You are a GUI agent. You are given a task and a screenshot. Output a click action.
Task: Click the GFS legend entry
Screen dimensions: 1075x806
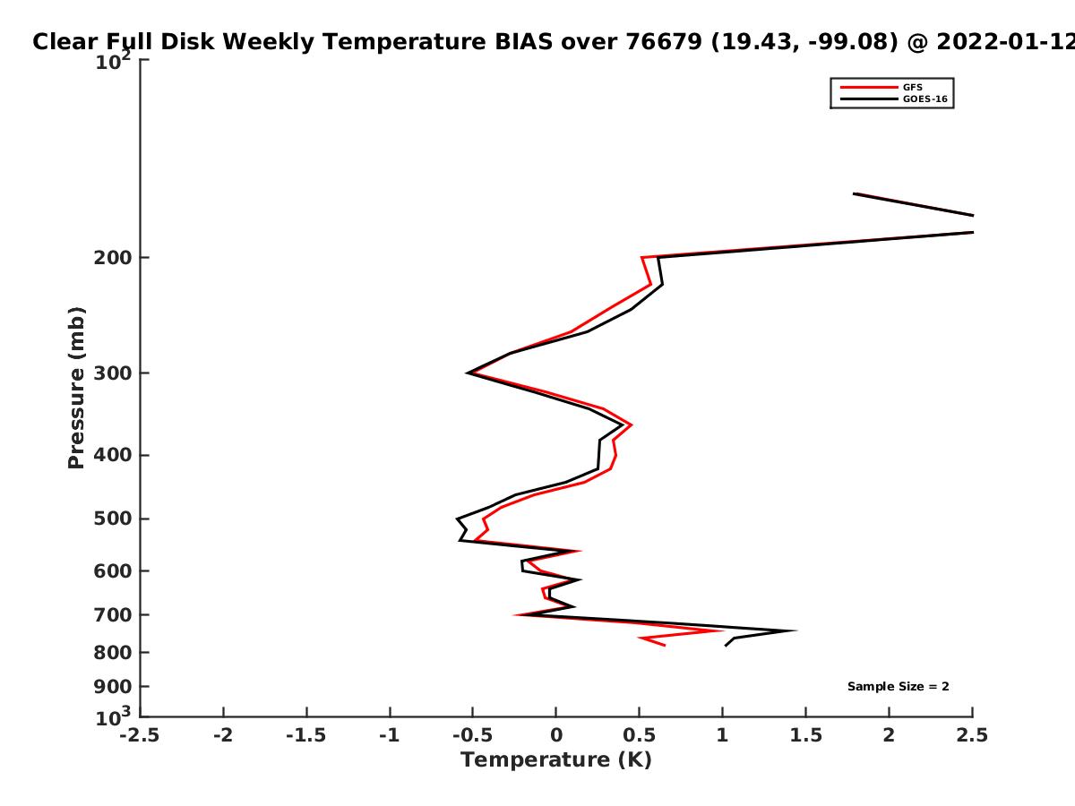tap(881, 87)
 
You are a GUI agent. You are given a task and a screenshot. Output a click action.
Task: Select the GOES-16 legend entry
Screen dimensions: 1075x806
tap(894, 99)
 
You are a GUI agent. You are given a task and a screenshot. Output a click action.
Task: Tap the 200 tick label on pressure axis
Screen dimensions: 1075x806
tap(113, 257)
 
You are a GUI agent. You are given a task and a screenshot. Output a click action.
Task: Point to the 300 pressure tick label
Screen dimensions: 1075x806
tap(113, 373)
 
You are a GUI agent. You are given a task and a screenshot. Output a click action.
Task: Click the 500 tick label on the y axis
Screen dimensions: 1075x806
tap(113, 519)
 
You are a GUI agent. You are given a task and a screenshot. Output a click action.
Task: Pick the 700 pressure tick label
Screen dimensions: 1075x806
tap(113, 615)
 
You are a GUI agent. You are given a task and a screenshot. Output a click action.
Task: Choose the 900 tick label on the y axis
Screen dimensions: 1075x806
tap(113, 687)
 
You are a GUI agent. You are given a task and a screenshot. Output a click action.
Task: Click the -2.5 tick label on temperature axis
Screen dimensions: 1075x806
tap(140, 735)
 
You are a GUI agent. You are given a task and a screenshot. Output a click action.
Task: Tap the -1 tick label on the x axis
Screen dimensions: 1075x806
tap(390, 735)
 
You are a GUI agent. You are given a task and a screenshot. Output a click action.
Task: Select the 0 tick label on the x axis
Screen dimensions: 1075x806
tap(556, 735)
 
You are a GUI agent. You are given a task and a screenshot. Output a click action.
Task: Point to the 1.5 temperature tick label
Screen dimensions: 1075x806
tap(806, 735)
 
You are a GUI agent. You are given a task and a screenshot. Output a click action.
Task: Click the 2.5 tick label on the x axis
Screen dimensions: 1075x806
tap(973, 735)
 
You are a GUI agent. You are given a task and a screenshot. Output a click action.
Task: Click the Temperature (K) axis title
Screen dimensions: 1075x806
tap(556, 760)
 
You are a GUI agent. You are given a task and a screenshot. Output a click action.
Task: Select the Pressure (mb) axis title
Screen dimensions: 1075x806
tap(76, 388)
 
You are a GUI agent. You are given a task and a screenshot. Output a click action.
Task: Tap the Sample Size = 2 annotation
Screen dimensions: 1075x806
tap(899, 687)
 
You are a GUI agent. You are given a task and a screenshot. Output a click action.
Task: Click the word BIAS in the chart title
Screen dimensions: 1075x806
tap(523, 42)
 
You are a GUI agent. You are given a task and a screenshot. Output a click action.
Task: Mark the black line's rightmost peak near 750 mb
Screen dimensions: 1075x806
tap(795, 630)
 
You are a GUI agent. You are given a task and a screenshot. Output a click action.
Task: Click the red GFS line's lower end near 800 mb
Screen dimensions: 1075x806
tap(665, 646)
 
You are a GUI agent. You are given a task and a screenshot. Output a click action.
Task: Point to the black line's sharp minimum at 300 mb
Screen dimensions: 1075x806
tap(468, 373)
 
